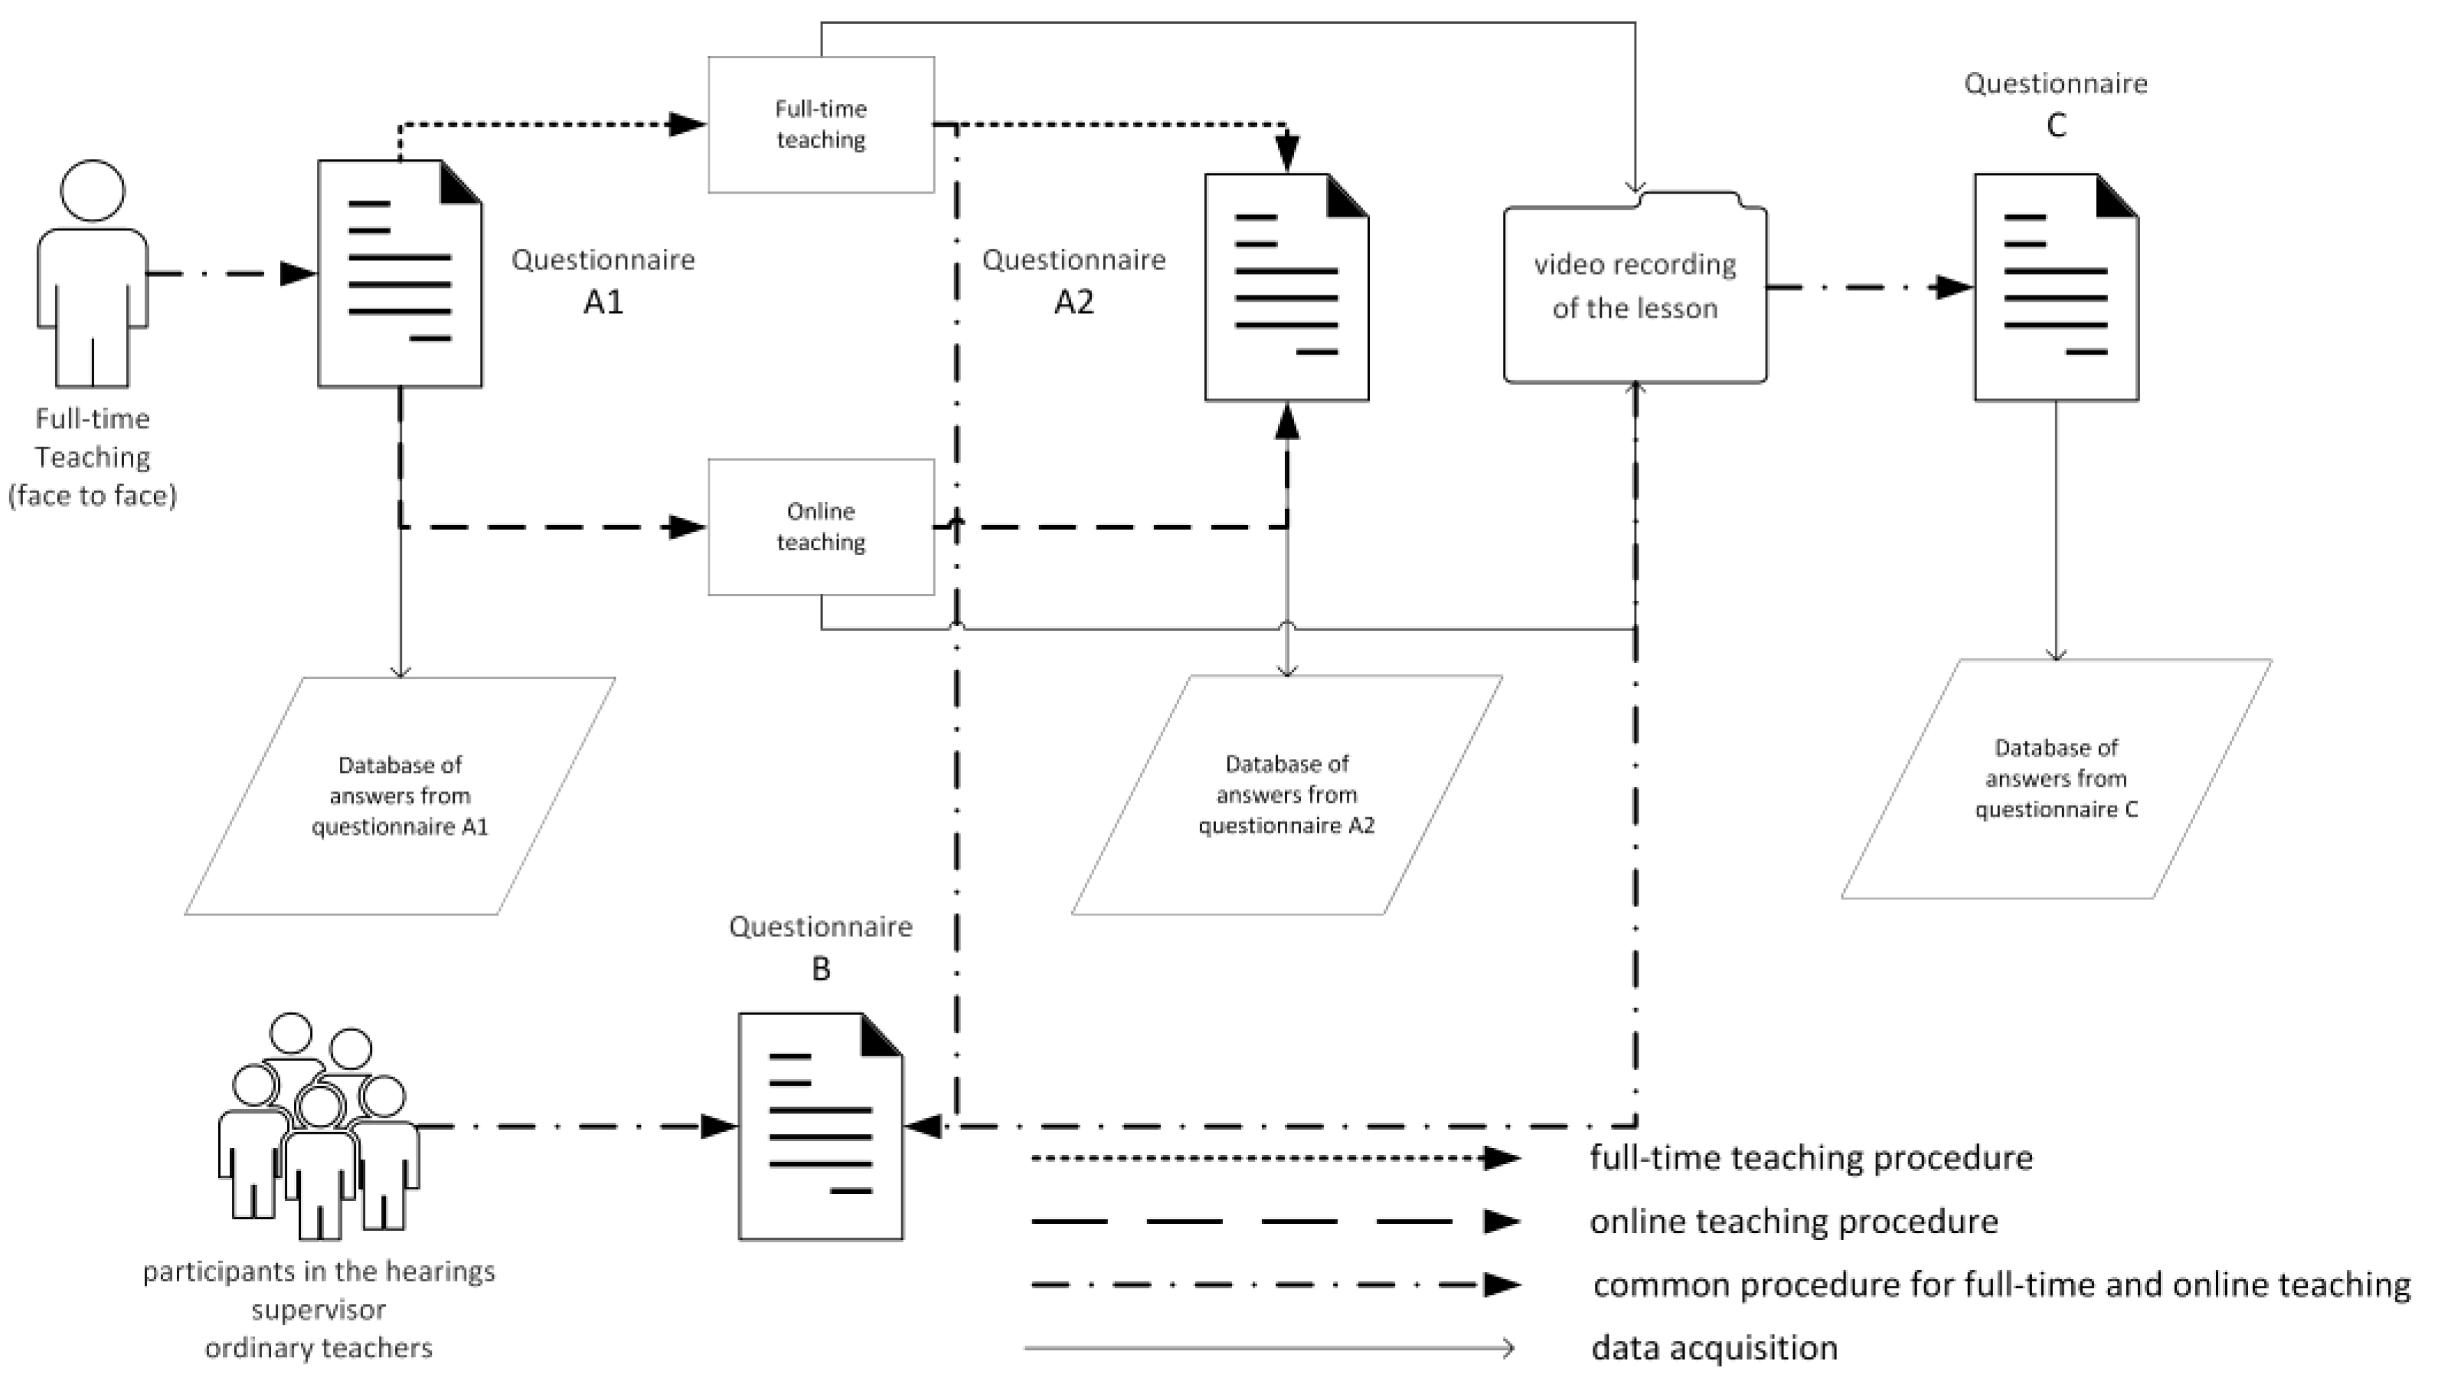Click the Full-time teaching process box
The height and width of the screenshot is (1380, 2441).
[821, 124]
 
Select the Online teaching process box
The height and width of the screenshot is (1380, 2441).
[821, 527]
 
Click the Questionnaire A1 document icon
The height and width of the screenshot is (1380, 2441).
[399, 274]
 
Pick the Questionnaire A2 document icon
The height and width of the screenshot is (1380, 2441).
[1286, 287]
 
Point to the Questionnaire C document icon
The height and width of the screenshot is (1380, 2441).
[2055, 287]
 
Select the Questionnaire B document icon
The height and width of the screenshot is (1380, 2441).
[820, 1126]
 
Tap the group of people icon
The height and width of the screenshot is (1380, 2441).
[319, 1128]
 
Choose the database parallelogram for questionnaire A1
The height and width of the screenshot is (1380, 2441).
[399, 795]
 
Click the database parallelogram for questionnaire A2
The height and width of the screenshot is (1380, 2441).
[1286, 794]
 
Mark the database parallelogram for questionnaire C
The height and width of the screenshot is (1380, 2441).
[2055, 778]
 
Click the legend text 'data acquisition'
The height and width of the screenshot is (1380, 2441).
[1714, 1348]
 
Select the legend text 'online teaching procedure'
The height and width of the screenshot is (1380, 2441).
[1793, 1221]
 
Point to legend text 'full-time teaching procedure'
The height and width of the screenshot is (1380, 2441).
[1811, 1157]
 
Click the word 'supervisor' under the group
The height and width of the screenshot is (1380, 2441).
[319, 1309]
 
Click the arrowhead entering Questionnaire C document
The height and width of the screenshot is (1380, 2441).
[1952, 287]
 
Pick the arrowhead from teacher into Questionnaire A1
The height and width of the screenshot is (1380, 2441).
[298, 274]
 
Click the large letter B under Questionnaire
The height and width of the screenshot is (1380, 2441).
[821, 969]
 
